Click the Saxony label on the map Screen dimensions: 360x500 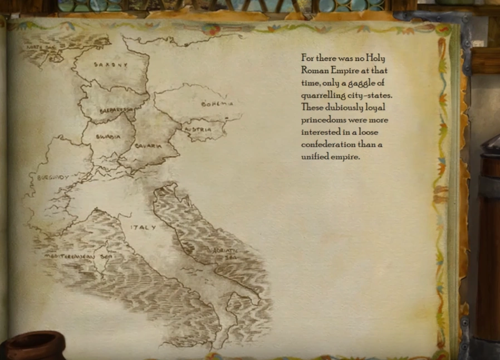click(x=110, y=65)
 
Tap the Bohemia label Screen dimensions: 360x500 click(x=217, y=104)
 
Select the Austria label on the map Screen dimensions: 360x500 click(x=199, y=129)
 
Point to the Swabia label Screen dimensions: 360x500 click(x=108, y=137)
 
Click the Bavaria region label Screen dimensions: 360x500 click(x=148, y=146)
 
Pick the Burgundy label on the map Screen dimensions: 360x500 click(x=53, y=178)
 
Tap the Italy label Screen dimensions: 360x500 click(x=143, y=227)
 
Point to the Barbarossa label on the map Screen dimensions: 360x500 click(x=116, y=110)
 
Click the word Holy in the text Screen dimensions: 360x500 click(x=375, y=58)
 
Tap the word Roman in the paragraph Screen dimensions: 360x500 click(x=313, y=70)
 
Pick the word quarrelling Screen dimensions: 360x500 click(x=323, y=95)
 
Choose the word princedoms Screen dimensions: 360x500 click(x=323, y=120)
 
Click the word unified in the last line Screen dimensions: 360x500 click(x=315, y=157)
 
